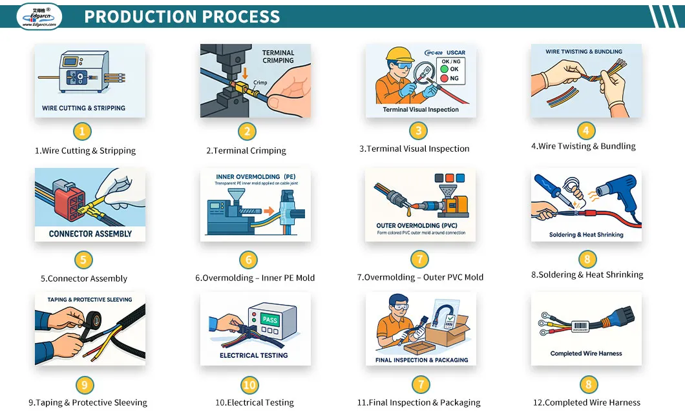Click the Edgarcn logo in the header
[x=39, y=16]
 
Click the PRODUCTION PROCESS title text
[x=182, y=17]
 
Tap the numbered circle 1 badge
[x=81, y=132]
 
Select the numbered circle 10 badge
[x=249, y=386]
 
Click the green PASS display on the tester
[x=270, y=320]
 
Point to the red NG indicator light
[x=443, y=79]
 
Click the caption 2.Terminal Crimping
[x=246, y=150]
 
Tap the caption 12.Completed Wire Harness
[x=586, y=402]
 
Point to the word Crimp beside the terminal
[x=260, y=83]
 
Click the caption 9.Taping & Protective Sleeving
[x=88, y=402]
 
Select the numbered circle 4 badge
[x=585, y=131]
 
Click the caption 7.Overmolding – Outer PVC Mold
[x=420, y=277]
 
